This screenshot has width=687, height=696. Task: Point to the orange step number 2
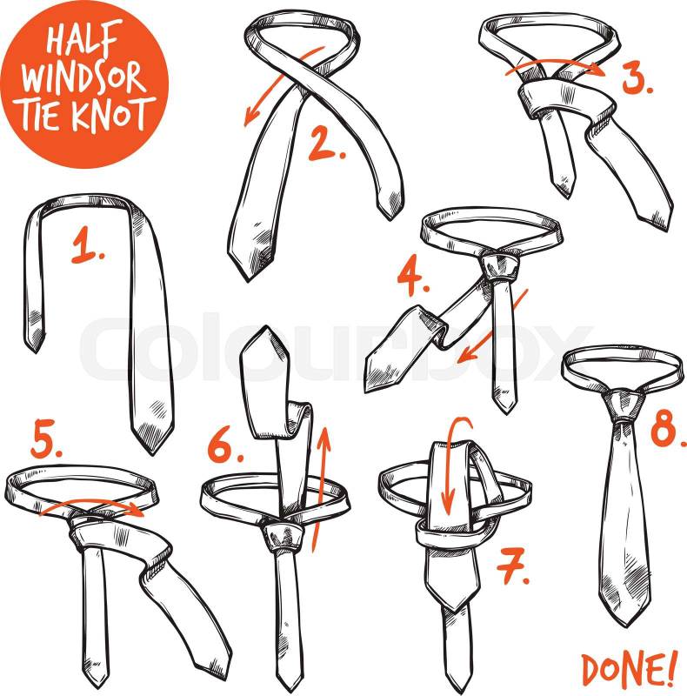[x=327, y=144]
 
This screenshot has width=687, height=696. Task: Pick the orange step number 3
[x=637, y=78]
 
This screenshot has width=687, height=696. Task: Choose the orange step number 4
[x=413, y=278]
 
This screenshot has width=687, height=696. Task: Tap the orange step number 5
[x=47, y=438]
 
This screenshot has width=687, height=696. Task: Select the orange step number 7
[x=512, y=565]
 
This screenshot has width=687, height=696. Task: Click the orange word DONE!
[x=630, y=671]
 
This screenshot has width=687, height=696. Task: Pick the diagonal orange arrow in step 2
[x=284, y=84]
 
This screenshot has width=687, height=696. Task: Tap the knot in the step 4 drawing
[x=499, y=265]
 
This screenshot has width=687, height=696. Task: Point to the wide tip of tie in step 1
[x=152, y=428]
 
